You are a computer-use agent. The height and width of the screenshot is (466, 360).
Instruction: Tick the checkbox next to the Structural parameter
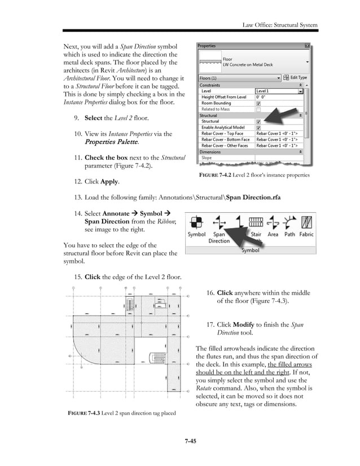(258, 121)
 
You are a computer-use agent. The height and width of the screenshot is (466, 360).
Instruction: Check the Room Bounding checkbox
(258, 103)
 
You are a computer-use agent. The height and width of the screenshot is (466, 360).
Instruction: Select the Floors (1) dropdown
(239, 78)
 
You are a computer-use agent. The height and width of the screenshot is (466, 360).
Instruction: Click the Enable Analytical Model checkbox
(258, 128)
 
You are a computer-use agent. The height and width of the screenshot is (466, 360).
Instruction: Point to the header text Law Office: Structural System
(280, 25)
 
